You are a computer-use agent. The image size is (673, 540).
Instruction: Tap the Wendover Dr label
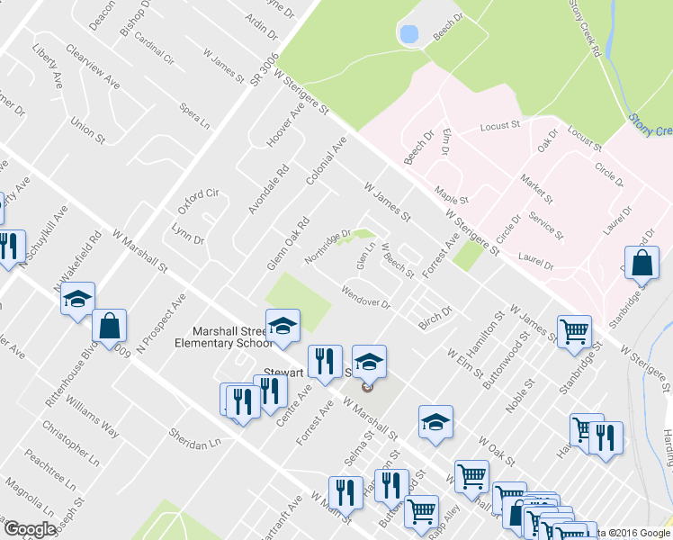click(366, 298)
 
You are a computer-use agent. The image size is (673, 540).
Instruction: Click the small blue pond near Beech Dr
click(409, 35)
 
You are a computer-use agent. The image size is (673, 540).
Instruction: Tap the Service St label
click(547, 227)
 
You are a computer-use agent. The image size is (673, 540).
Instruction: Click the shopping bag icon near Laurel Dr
click(642, 265)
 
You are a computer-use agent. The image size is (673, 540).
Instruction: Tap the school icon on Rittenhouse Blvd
click(78, 298)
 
